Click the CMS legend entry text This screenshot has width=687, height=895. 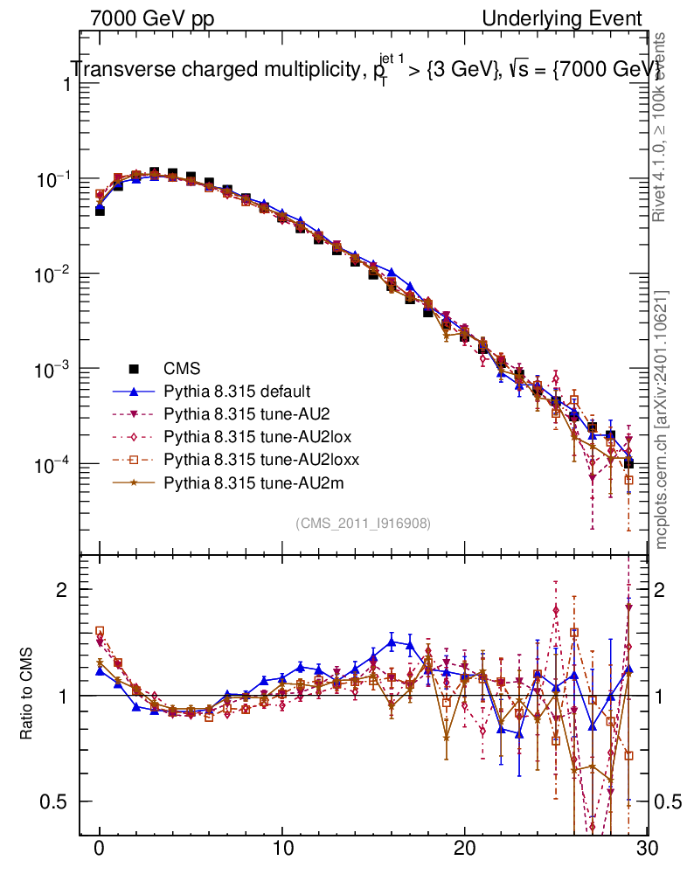tap(181, 368)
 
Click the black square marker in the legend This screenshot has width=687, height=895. tap(135, 368)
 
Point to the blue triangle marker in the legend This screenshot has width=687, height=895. tap(135, 391)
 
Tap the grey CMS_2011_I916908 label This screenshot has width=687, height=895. tap(363, 523)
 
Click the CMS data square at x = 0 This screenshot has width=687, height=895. tap(100, 211)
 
